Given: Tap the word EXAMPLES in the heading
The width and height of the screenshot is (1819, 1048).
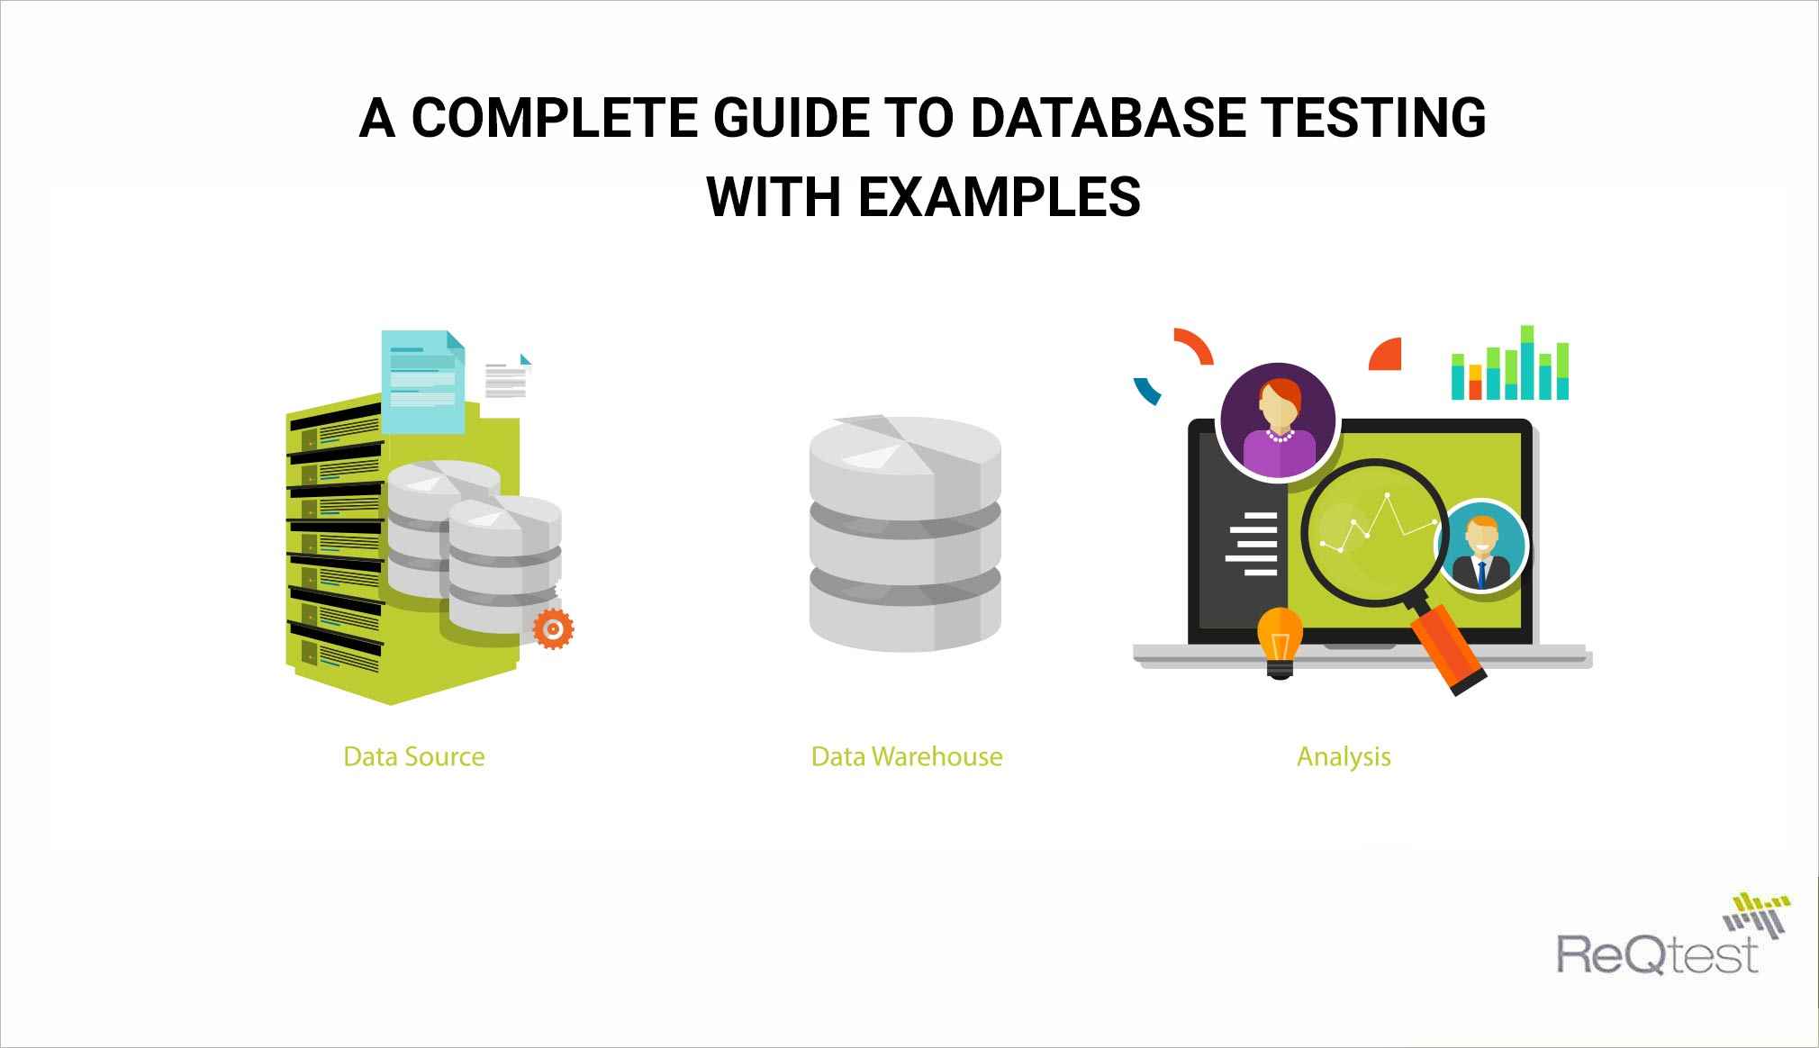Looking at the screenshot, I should coord(999,196).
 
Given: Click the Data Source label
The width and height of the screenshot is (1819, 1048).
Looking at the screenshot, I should coord(414,756).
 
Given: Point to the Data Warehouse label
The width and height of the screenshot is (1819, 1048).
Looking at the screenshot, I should coord(906,756).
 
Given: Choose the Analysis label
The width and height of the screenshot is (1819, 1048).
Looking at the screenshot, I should coord(1344,756).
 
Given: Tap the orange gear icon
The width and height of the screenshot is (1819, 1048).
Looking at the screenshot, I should coord(553,628).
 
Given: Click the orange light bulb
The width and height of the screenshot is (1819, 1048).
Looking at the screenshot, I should coord(1280,638).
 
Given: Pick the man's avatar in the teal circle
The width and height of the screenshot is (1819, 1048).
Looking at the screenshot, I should coord(1480,547).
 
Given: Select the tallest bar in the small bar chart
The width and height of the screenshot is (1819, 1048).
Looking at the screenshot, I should coord(1527,363).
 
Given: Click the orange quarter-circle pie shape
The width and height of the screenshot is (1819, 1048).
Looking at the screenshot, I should coord(1388,356).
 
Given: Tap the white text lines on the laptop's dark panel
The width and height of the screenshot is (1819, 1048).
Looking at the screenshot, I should coord(1253,544).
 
